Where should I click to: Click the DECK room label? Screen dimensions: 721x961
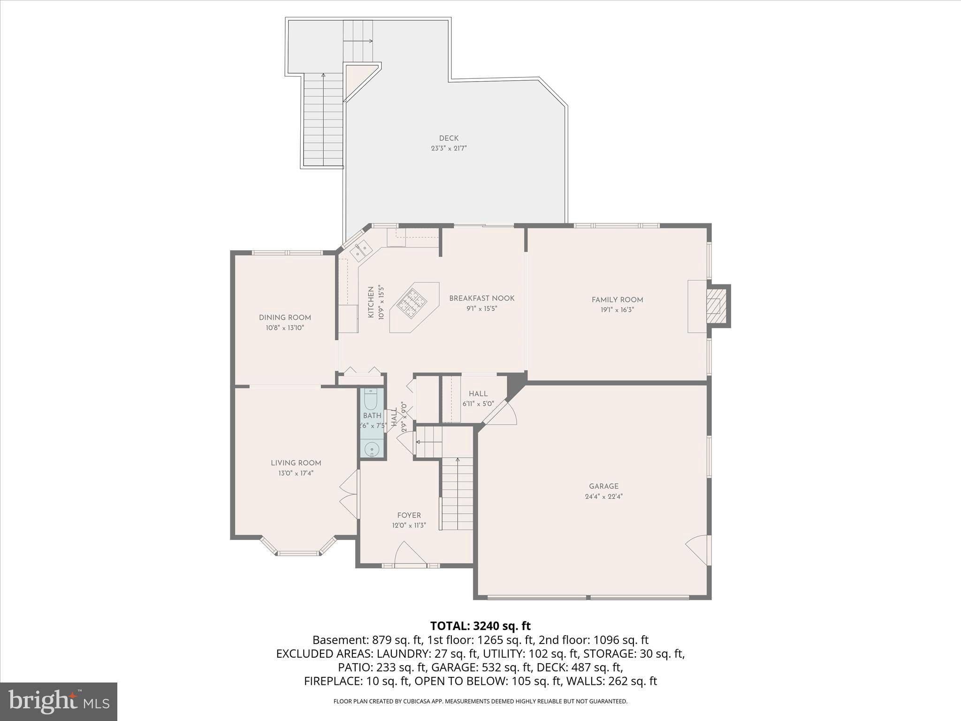pos(449,138)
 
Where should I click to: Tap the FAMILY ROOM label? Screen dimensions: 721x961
pos(617,299)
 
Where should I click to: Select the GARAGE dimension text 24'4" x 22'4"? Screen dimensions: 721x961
pos(603,496)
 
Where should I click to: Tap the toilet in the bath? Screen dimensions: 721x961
pos(371,399)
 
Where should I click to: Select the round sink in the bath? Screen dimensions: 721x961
pos(372,450)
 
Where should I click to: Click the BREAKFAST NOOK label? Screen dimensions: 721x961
pos(481,298)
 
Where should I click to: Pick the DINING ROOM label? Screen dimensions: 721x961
pos(285,317)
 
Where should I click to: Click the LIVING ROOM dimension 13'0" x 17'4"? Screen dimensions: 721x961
pos(296,473)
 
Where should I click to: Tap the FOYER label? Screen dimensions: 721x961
pos(409,515)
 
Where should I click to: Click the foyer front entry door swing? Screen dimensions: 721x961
pos(409,554)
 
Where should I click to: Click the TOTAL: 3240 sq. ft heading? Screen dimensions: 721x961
pos(480,626)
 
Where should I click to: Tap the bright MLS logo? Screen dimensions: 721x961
pos(59,701)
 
